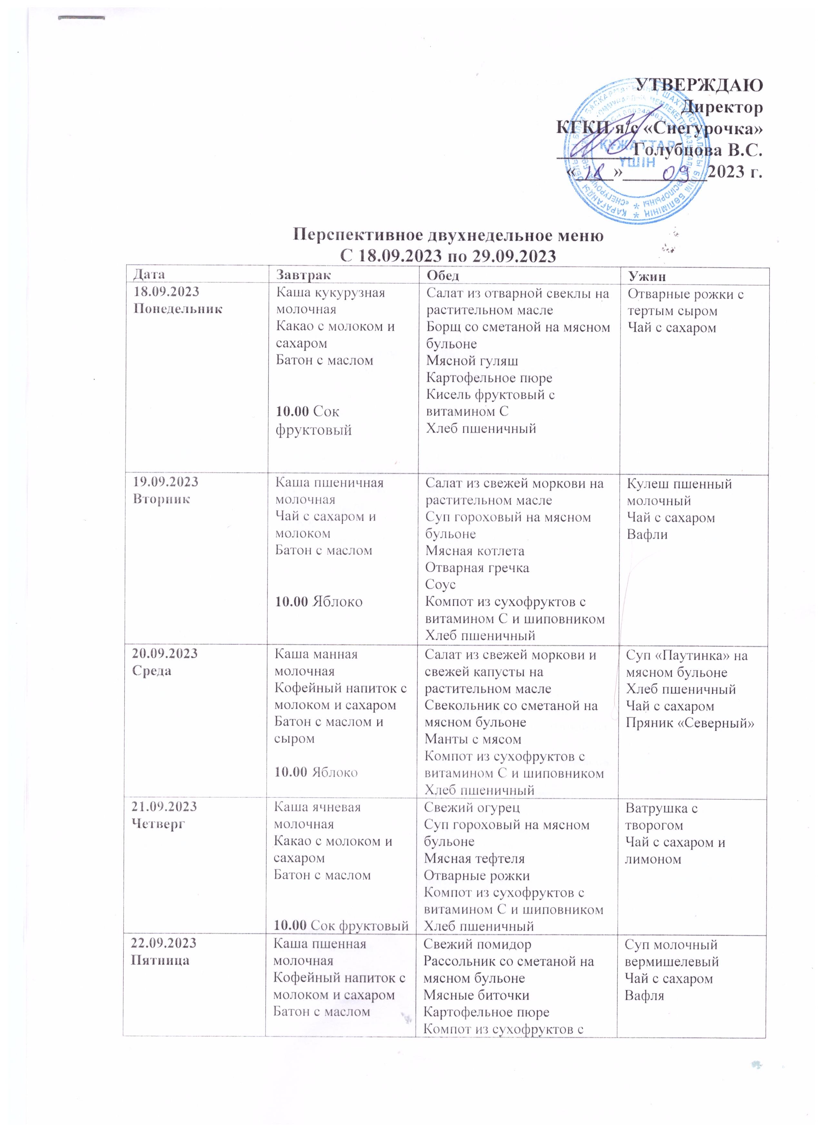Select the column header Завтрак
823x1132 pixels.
tap(303, 275)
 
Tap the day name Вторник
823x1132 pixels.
tap(161, 499)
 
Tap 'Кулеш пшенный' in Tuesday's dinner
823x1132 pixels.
tap(679, 484)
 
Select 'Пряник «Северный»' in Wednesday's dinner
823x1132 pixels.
tap(690, 723)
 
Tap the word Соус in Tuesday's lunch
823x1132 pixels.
tap(440, 584)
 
